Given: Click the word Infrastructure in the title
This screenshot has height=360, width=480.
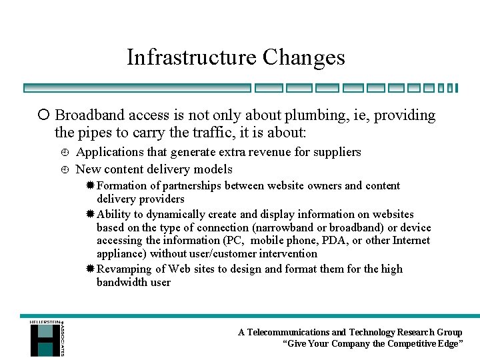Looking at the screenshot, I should (192, 57).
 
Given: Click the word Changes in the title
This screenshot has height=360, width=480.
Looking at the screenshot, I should (304, 57).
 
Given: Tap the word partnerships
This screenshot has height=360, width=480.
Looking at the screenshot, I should (189, 185).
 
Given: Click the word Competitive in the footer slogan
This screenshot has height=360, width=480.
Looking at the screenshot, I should (417, 344).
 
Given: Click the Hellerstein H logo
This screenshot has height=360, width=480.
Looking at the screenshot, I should (45, 338).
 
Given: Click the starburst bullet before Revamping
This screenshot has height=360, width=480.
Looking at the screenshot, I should (90, 269).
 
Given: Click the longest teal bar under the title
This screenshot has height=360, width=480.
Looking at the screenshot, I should (137, 87).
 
